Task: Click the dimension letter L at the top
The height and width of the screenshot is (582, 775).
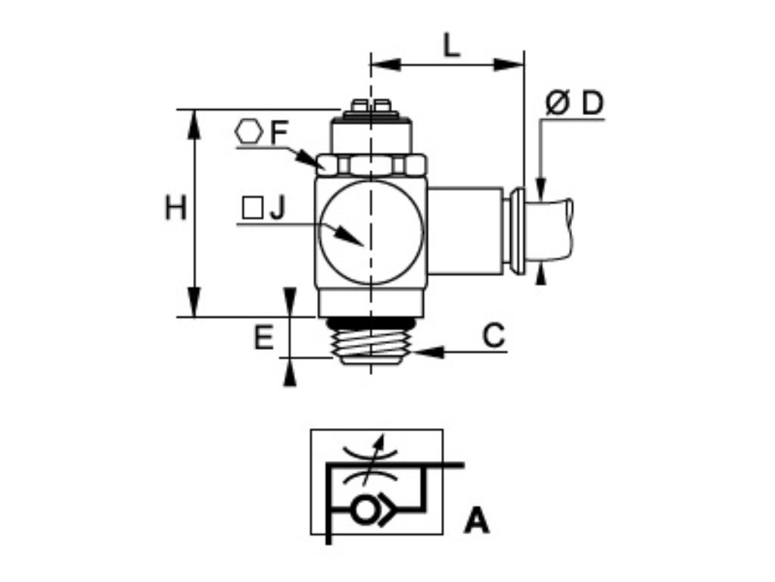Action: click(x=451, y=46)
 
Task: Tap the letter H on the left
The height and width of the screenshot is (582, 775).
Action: click(x=176, y=208)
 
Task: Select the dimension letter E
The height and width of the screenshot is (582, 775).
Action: click(x=263, y=338)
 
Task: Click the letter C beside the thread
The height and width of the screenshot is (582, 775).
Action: click(x=493, y=335)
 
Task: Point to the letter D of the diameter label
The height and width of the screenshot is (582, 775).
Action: click(x=593, y=104)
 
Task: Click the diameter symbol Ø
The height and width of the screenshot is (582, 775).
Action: click(x=557, y=104)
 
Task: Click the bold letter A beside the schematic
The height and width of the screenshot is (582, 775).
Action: click(x=477, y=521)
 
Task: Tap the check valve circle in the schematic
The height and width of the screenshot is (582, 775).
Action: click(x=364, y=510)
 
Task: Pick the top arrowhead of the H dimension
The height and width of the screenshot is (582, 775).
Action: click(x=195, y=123)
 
